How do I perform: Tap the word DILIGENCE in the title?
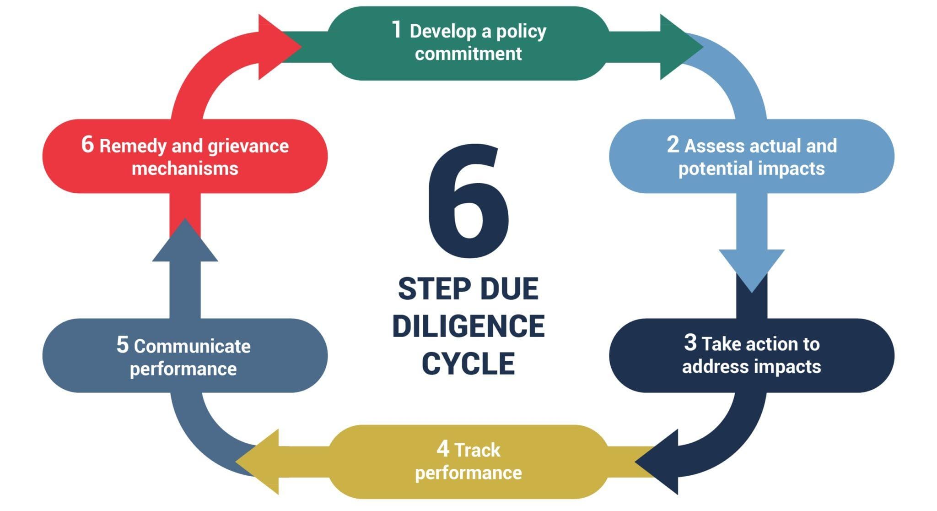point(468,326)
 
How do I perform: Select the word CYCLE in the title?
point(468,364)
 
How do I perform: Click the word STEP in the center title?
point(428,289)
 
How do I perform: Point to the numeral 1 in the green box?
point(397,30)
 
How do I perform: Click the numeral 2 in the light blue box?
point(673,144)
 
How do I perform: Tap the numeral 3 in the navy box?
point(690,342)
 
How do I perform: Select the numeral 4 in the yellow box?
point(442,449)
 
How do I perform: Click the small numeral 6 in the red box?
point(87,144)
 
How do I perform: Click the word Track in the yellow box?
point(477,450)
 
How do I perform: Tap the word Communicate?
point(192,346)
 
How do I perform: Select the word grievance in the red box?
point(248,146)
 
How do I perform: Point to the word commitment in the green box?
point(468,54)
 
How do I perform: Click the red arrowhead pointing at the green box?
point(277,47)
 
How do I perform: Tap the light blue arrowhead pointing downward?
point(751,268)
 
